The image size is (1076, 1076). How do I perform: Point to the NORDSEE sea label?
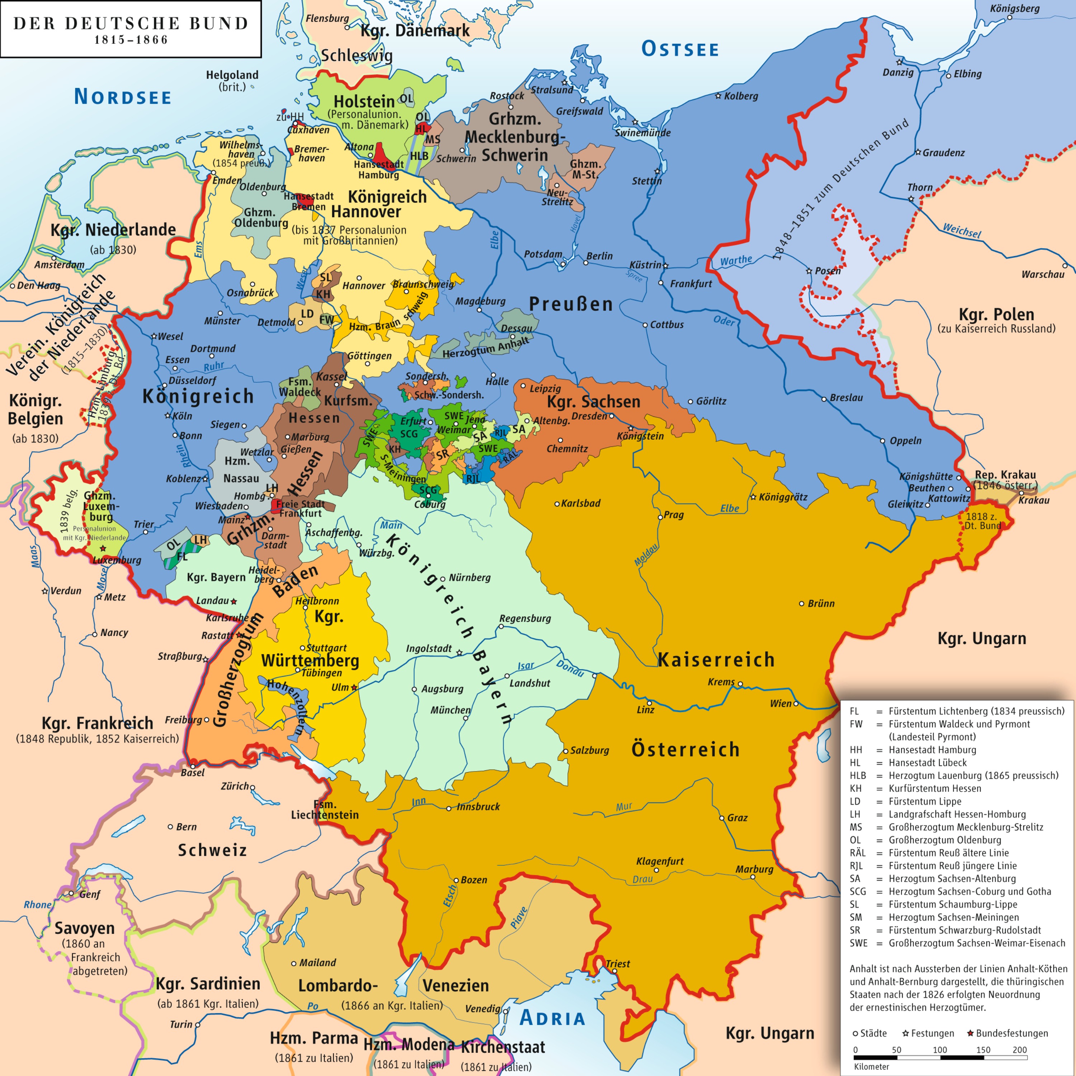123,97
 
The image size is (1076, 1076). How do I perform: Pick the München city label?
450,710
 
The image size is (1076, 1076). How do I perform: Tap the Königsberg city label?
1014,8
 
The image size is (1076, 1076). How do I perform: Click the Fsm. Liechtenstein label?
325,810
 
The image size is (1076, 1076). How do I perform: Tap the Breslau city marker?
824,399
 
